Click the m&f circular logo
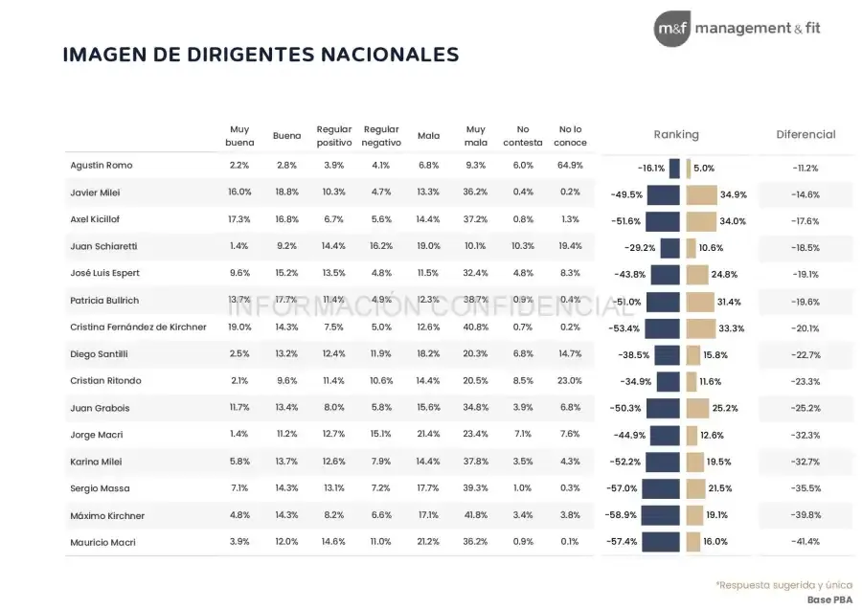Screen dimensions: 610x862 671,29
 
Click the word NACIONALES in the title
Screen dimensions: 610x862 383,55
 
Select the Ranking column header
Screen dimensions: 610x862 676,135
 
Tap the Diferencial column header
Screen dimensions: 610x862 805,135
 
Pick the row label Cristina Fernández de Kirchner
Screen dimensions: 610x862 138,328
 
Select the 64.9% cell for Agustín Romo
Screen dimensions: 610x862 570,166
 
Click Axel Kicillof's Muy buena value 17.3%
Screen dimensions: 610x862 239,220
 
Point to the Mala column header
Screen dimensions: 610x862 428,136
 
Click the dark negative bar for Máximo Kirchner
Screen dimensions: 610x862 660,515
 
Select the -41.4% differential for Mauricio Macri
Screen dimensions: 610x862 805,542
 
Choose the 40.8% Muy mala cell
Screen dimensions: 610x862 475,328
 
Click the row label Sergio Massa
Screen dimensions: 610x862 95,488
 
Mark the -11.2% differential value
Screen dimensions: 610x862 805,168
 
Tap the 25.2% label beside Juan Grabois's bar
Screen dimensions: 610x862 725,408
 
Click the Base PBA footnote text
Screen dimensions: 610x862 829,600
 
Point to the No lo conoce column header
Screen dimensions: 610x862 570,136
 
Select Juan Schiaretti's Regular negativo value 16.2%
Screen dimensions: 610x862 381,246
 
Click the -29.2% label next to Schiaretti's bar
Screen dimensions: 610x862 641,248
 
